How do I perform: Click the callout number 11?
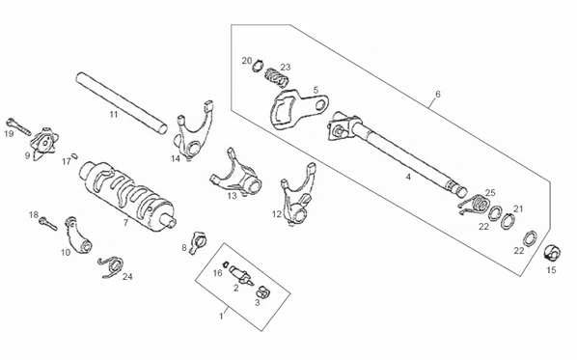(x=114, y=115)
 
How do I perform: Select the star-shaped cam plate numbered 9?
(x=45, y=144)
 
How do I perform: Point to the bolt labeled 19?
(x=18, y=126)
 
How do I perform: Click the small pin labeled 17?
(x=74, y=155)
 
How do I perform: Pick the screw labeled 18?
(x=48, y=223)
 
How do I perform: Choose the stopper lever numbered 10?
(x=79, y=235)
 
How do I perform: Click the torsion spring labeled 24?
(x=111, y=266)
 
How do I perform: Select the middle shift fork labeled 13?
(x=236, y=174)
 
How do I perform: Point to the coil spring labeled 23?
(x=277, y=77)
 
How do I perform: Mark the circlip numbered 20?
(x=258, y=66)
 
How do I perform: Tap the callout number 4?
(x=408, y=177)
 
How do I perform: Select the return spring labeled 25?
(x=474, y=204)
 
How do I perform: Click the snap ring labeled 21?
(x=508, y=221)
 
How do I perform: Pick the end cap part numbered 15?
(x=552, y=253)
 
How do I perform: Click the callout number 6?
(x=437, y=94)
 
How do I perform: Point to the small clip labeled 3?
(x=262, y=291)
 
